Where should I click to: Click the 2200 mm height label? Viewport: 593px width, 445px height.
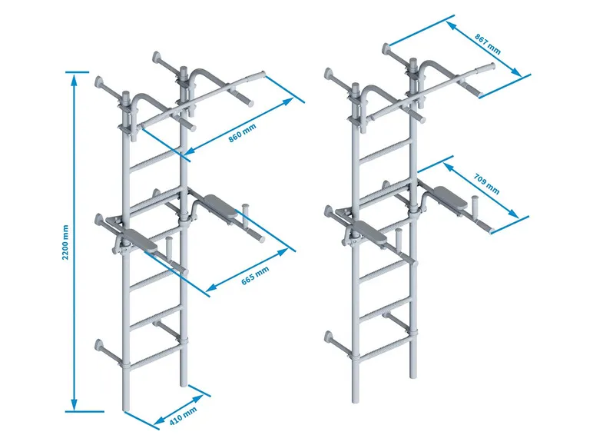[x=65, y=241]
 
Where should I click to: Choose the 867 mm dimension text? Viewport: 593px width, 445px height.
[x=487, y=45]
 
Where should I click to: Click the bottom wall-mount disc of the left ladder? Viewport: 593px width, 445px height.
[x=100, y=344]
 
